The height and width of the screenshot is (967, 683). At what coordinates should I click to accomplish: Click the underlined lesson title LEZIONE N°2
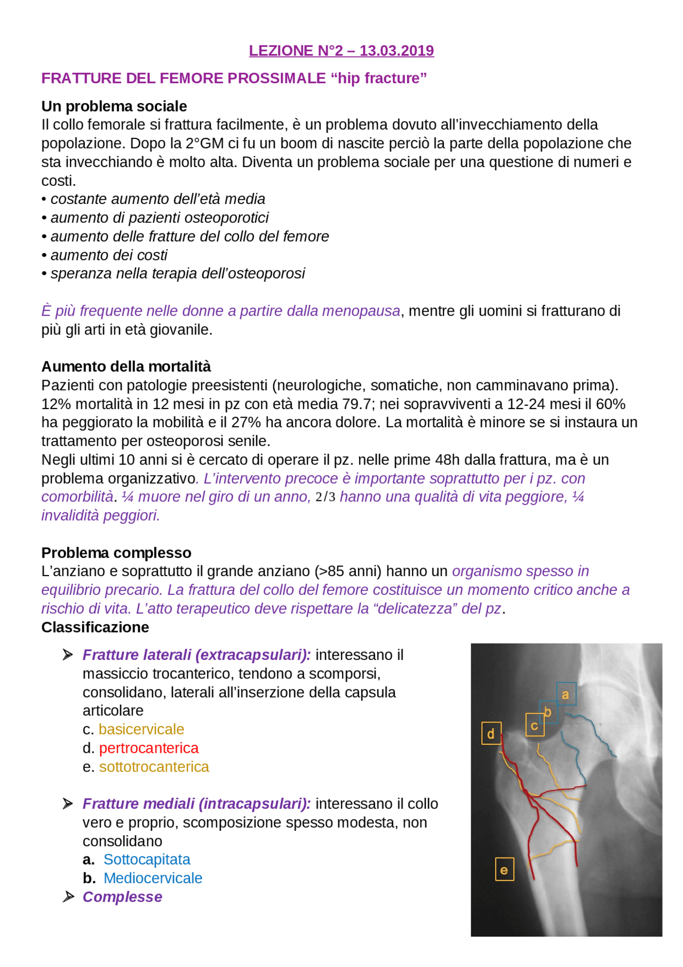click(x=341, y=51)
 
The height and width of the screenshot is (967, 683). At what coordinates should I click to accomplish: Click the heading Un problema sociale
click(x=114, y=106)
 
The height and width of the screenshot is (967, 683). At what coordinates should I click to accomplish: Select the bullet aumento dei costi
click(x=109, y=255)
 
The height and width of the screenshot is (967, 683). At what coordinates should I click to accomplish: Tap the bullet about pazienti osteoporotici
click(x=160, y=218)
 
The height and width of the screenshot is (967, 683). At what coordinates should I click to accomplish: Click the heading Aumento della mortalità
click(x=126, y=367)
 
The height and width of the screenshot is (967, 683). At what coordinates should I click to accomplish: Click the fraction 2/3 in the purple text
click(x=325, y=497)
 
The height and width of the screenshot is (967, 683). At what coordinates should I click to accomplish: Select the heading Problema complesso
click(x=116, y=553)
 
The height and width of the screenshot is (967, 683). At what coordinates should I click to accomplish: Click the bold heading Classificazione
click(x=95, y=627)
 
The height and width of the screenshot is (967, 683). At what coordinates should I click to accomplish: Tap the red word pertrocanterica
click(x=148, y=748)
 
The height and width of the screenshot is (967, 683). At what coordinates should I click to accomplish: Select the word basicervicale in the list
click(x=141, y=729)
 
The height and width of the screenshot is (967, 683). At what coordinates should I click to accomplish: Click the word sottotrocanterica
click(x=154, y=767)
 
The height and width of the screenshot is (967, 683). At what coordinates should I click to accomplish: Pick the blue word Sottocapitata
click(x=147, y=860)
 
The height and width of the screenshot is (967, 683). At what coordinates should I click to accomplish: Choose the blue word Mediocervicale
click(x=153, y=878)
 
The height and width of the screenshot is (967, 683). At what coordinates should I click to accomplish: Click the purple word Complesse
click(x=122, y=897)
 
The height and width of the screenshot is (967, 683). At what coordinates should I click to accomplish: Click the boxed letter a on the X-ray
click(x=566, y=694)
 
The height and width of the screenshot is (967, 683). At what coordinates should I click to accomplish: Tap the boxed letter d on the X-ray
click(x=491, y=734)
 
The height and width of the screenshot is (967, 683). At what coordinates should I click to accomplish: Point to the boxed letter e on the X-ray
click(x=504, y=870)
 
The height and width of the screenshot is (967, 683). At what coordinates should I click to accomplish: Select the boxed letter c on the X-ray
click(x=534, y=725)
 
